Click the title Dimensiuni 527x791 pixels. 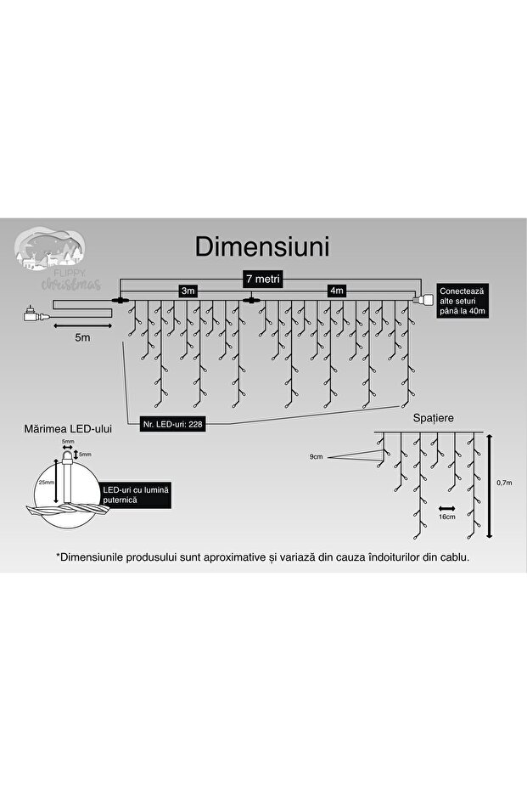click(x=262, y=247)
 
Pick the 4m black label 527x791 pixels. click(x=338, y=291)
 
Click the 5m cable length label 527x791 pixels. click(x=82, y=338)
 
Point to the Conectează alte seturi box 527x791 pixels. click(x=463, y=300)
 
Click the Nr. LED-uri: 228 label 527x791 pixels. click(x=168, y=422)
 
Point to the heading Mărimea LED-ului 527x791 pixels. click(x=68, y=429)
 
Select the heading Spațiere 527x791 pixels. click(x=433, y=420)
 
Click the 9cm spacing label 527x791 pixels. click(x=317, y=456)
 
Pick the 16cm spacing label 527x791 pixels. click(x=448, y=516)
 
